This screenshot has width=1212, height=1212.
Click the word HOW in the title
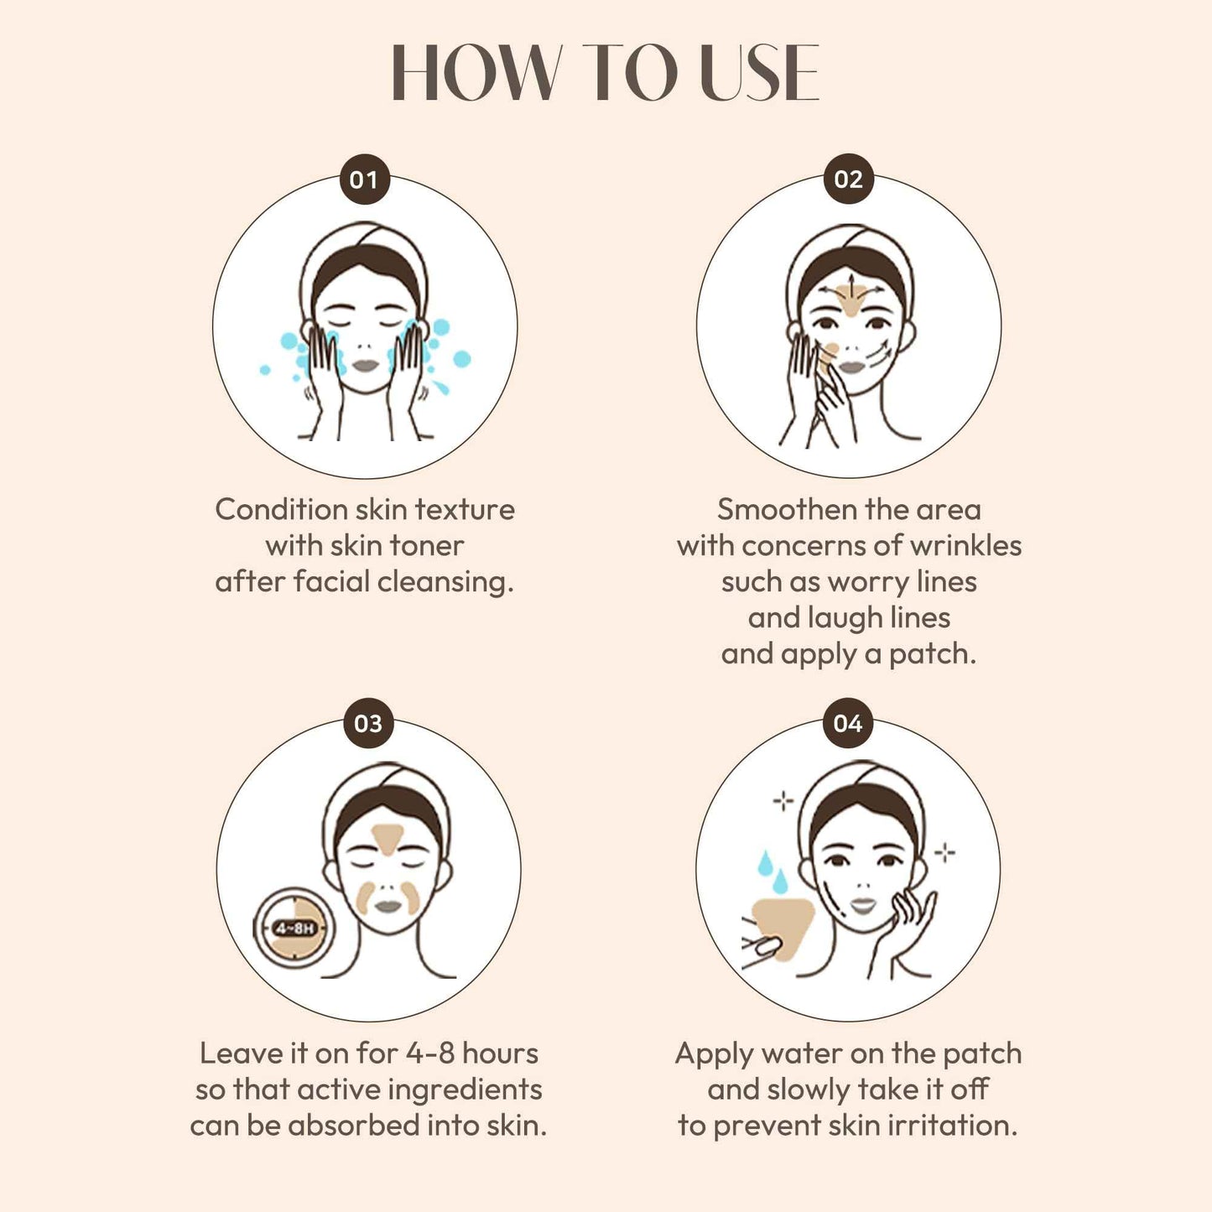(x=476, y=74)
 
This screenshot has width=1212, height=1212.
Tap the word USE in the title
(x=759, y=74)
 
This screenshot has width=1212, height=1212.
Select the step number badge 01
(x=364, y=179)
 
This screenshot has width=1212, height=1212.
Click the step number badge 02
(x=848, y=179)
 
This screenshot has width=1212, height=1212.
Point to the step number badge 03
(x=368, y=723)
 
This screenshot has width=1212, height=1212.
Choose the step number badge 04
(x=847, y=723)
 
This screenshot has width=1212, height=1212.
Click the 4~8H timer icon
(x=294, y=928)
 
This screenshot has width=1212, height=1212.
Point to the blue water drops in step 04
(x=772, y=872)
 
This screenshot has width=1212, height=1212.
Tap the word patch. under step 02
(x=933, y=654)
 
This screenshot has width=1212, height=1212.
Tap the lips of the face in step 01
(x=366, y=367)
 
